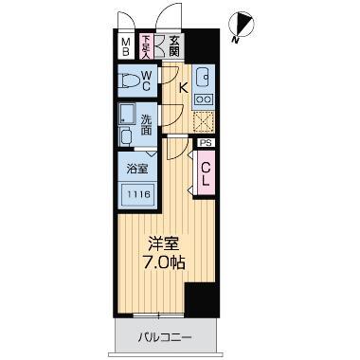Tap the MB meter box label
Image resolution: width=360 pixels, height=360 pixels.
[x=125, y=46]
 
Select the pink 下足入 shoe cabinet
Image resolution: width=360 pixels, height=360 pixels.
[x=147, y=45]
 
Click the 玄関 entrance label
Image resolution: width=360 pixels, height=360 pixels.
[x=175, y=45]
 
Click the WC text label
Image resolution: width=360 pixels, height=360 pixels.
[x=148, y=81]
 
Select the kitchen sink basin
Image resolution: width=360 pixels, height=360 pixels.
[x=203, y=78]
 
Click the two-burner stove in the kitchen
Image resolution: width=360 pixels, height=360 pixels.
[x=202, y=99]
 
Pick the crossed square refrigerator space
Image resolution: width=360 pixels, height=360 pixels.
[x=202, y=121]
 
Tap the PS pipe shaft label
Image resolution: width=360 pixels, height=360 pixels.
[x=206, y=143]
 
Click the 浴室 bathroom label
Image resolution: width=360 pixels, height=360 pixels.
[x=137, y=170]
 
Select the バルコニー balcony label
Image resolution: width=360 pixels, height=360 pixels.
[x=166, y=336]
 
